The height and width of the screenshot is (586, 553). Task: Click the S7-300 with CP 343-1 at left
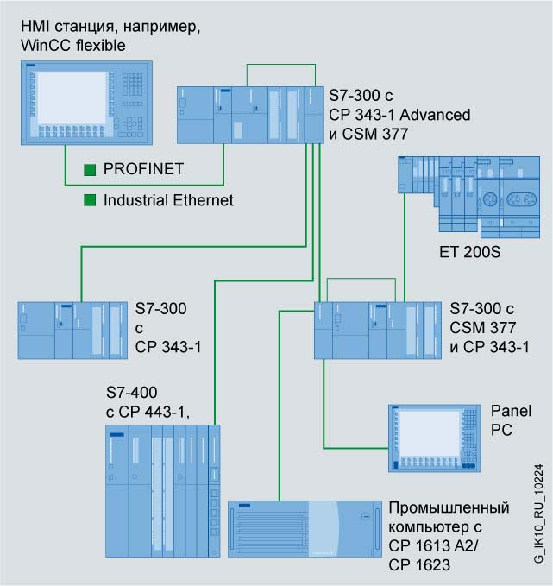(71, 330)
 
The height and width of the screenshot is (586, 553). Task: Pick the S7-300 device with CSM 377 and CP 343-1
(376, 330)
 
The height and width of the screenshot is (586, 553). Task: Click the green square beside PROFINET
(89, 169)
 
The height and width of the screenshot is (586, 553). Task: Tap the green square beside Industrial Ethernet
(89, 200)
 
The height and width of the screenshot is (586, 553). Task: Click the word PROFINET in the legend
(143, 169)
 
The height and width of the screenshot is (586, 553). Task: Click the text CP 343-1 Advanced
(399, 115)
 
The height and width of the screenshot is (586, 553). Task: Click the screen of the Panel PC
(424, 435)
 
